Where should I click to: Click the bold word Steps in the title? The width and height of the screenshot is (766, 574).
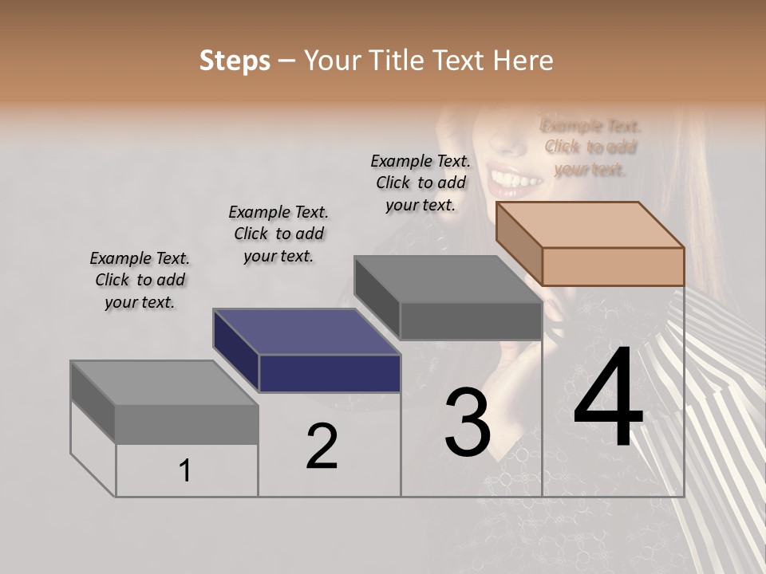click(235, 61)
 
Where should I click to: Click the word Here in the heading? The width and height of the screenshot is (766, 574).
click(523, 61)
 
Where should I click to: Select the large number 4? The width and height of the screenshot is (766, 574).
click(608, 399)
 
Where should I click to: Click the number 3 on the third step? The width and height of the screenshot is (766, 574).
click(468, 423)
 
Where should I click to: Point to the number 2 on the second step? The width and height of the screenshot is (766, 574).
click(322, 446)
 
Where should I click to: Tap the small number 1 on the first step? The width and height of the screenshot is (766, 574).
click(184, 471)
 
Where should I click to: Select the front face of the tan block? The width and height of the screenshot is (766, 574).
click(613, 266)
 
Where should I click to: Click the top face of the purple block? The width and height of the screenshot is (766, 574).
click(307, 332)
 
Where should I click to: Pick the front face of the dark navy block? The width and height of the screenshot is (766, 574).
click(330, 373)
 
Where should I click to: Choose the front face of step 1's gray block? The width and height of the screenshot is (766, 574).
click(187, 424)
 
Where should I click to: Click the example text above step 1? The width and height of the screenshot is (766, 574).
click(140, 280)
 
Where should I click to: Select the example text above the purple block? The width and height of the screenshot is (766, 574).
click(278, 234)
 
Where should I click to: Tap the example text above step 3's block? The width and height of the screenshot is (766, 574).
click(421, 183)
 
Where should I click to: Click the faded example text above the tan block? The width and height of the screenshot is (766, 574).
click(590, 147)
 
